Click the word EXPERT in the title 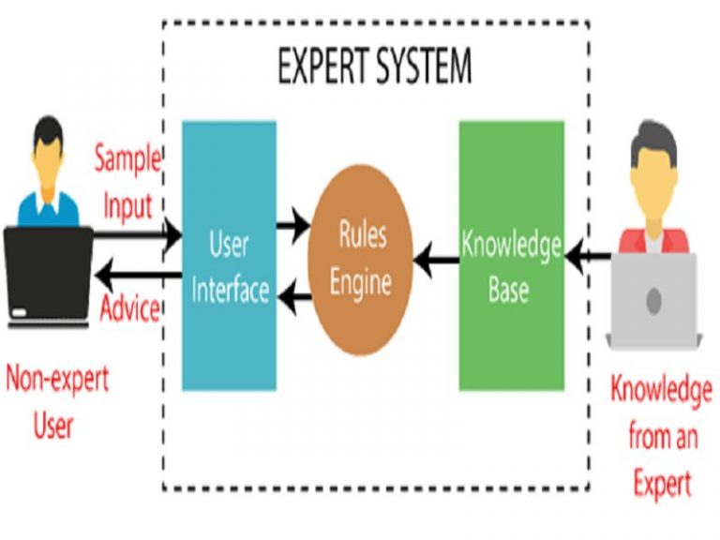[x=324, y=67]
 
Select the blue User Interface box [x=229, y=255]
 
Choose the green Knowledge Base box [x=511, y=255]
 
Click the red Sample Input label [x=127, y=183]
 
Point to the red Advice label [x=129, y=307]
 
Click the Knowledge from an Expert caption [x=661, y=436]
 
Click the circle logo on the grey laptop [x=654, y=300]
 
